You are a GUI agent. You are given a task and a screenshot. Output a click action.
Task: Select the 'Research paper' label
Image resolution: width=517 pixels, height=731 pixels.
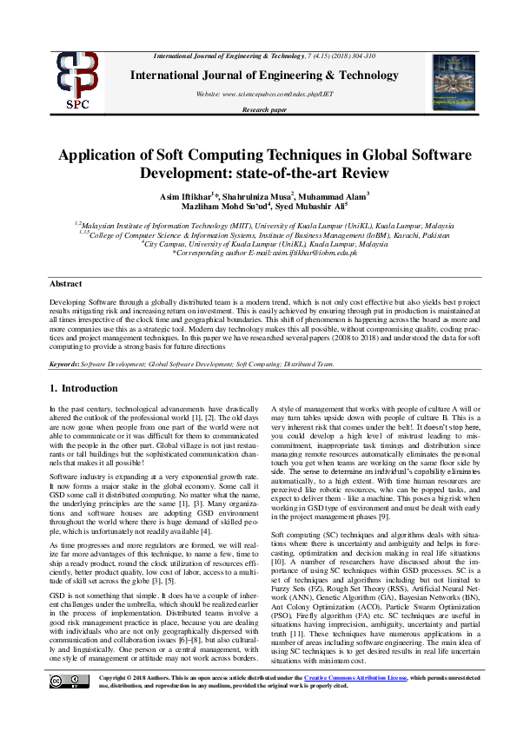tap(264, 110)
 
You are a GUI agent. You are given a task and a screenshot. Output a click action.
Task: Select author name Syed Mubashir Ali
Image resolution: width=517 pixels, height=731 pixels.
tap(314, 207)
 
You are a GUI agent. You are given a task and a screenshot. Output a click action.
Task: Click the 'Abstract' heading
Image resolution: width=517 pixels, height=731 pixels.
tap(66, 284)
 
